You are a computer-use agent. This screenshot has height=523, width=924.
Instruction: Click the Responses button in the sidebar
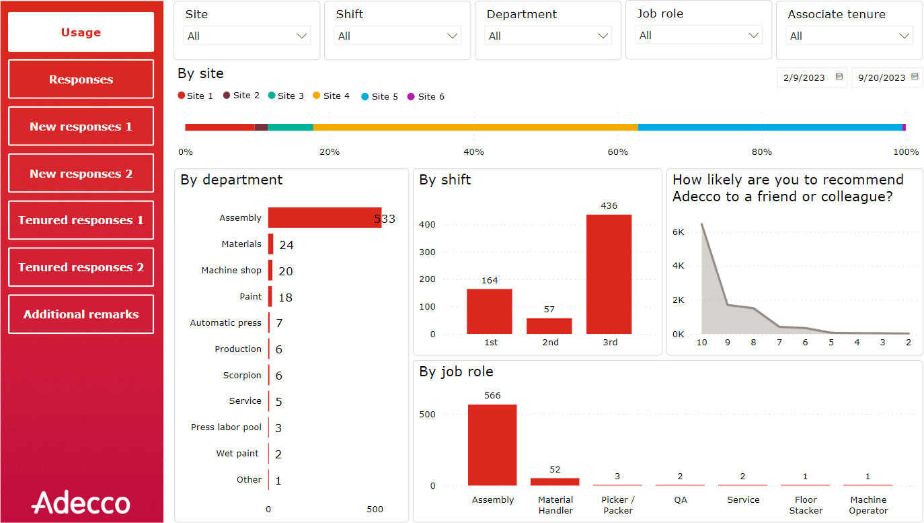tap(81, 79)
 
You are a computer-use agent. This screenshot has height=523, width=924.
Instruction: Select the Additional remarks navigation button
tap(81, 314)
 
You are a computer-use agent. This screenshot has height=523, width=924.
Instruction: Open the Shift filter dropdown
tap(398, 36)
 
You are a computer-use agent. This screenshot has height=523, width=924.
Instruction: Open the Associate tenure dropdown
tap(850, 36)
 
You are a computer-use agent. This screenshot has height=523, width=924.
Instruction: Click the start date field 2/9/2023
tap(804, 77)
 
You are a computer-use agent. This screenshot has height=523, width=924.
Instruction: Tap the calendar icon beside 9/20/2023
tap(915, 77)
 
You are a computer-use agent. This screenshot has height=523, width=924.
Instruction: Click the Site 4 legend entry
tap(332, 96)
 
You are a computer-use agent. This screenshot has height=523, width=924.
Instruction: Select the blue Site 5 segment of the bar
tap(769, 127)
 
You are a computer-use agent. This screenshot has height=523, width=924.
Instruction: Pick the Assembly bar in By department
tap(324, 217)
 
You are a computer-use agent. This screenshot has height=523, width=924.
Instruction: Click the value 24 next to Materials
tap(286, 245)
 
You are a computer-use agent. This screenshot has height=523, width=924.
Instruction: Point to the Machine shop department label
tap(231, 271)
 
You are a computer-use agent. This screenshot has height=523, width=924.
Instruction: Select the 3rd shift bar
tap(609, 274)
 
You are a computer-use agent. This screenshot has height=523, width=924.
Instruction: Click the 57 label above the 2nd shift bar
tap(549, 310)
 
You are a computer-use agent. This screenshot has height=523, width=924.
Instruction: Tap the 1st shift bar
tap(490, 311)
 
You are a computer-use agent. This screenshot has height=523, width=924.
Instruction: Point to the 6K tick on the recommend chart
tap(679, 232)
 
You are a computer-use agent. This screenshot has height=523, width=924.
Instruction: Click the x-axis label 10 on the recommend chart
tap(701, 343)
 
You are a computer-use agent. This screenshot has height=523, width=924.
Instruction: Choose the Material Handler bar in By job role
tap(555, 481)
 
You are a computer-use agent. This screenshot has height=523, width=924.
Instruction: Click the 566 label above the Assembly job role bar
tap(492, 396)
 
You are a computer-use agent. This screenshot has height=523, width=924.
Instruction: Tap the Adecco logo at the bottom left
tap(81, 503)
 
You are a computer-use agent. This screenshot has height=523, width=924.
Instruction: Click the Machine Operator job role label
tap(868, 505)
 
